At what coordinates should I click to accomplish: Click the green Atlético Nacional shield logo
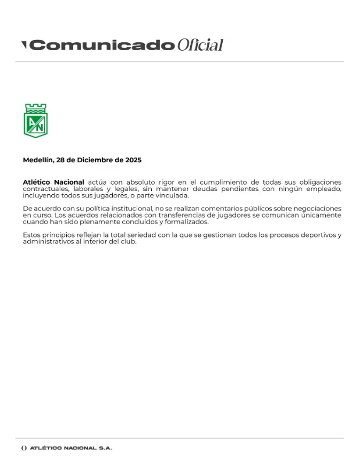coord(36,121)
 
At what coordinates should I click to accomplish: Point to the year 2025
coord(133,160)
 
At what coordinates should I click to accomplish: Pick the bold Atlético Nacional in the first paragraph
coord(53,182)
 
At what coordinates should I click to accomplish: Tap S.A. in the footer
coord(105,448)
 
